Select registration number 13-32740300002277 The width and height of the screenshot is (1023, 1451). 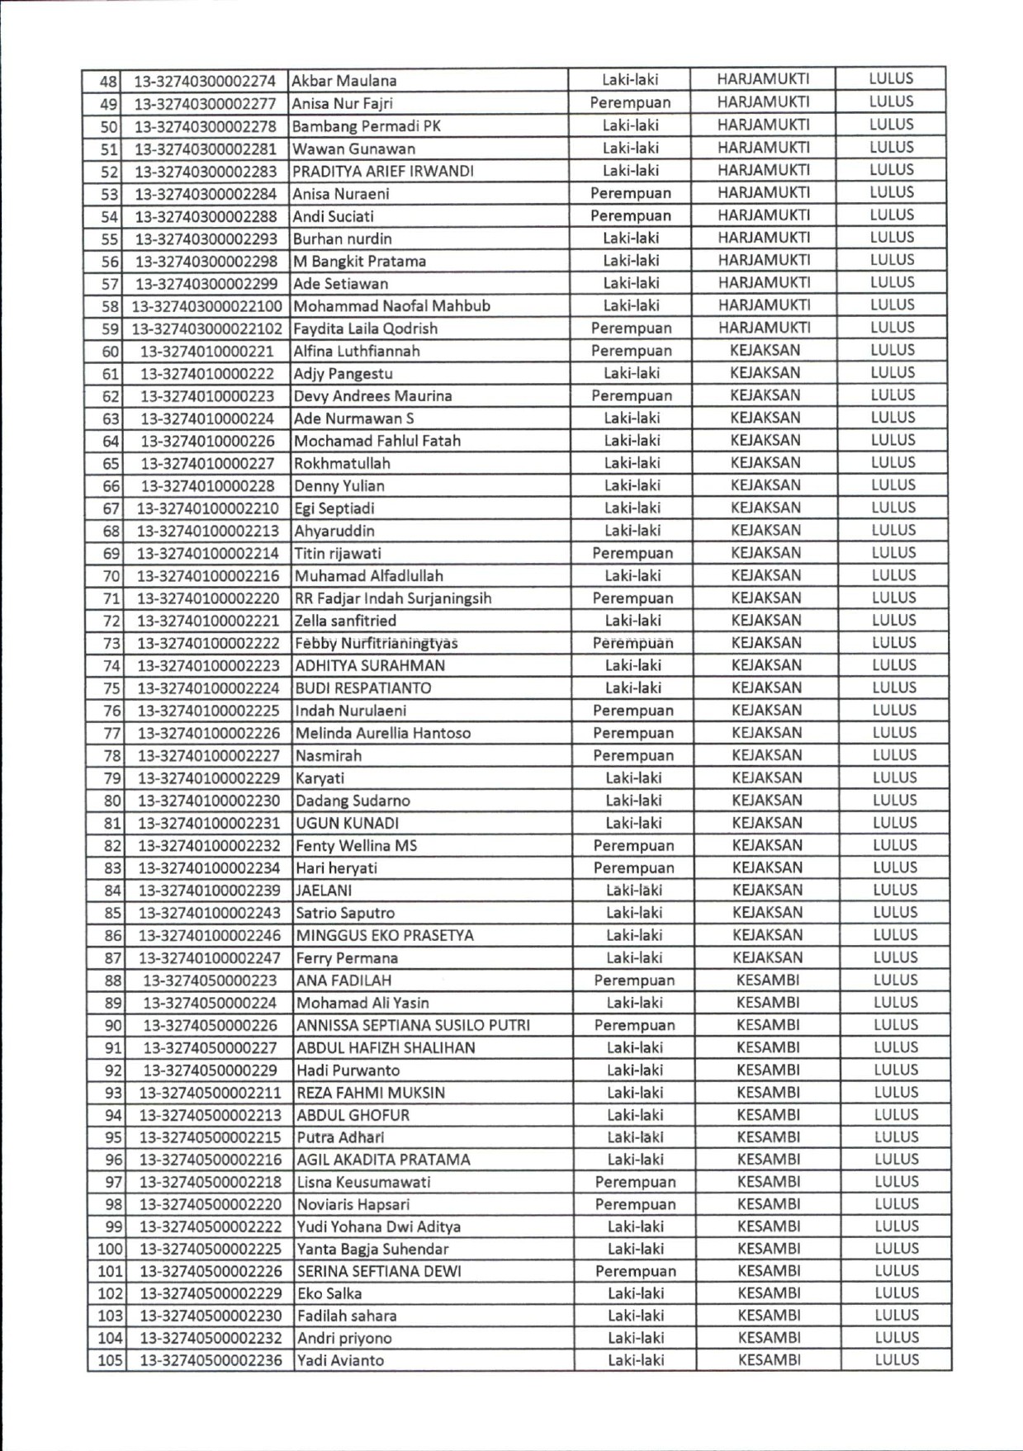pos(205,103)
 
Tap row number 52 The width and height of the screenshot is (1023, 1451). pos(109,172)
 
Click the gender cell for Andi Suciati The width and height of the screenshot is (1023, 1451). pos(630,215)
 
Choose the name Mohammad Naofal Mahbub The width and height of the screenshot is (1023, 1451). pos(391,305)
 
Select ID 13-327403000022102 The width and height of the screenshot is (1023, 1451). pos(206,328)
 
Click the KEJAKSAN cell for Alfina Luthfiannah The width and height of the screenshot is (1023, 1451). pos(765,350)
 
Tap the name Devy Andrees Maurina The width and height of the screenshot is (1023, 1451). pos(373,395)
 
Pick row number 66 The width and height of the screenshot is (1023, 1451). pos(111,486)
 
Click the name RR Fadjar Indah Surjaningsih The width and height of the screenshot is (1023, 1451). pos(393,598)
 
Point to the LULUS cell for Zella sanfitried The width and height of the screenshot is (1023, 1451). pos(893,620)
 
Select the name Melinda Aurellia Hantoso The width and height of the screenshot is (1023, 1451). pos(383,733)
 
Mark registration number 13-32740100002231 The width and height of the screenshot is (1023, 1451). pos(209,823)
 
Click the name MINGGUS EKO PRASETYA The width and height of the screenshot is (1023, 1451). pos(385,935)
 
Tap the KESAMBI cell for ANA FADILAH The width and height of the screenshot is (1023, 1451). pos(768,980)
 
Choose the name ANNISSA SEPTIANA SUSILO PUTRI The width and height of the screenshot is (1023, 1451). pos(413,1025)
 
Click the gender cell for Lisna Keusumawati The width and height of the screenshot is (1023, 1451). pos(635,1182)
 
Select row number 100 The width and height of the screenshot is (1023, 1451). pos(110,1249)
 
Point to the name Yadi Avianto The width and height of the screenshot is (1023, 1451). pos(340,1360)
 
